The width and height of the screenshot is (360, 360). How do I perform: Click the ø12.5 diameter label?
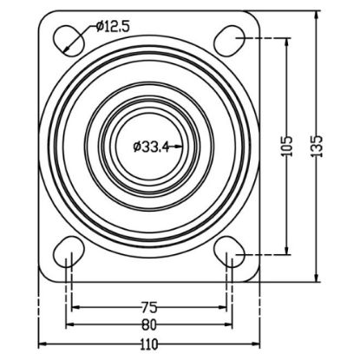coord(113,27)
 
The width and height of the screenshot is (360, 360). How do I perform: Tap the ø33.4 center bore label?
coord(151,147)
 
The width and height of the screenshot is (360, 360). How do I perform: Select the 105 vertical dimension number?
coord(287,146)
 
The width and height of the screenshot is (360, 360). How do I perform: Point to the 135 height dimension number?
coord(317,146)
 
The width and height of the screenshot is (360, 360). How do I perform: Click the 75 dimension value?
coord(149,307)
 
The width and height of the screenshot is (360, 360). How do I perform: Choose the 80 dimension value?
coord(149,324)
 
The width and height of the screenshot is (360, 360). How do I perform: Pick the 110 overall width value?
coord(149,344)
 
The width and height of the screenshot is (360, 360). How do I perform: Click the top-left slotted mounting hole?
coord(69,41)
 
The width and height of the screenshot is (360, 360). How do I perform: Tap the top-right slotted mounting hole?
coord(230,41)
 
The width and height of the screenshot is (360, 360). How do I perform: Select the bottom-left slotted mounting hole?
coord(69,252)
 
